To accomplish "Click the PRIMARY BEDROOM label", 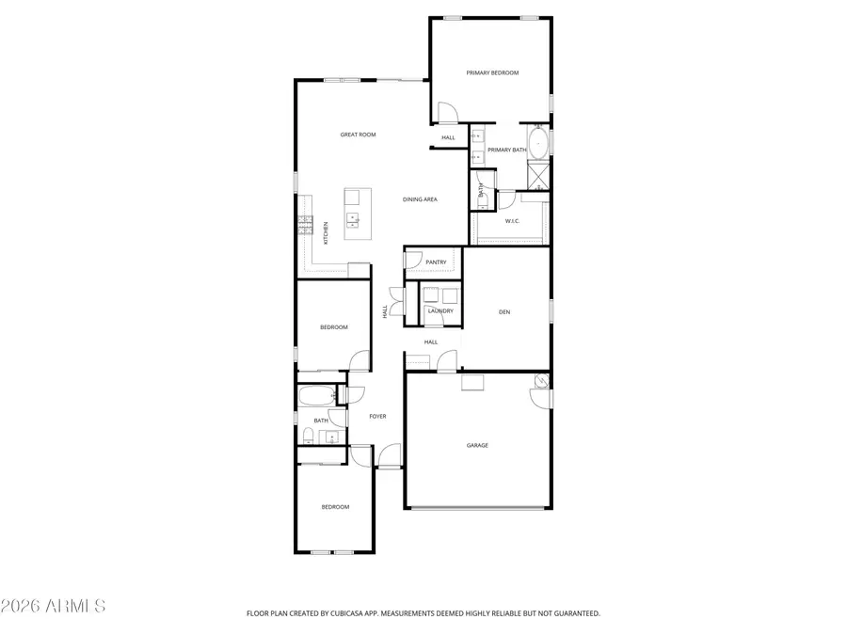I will tap(492, 72).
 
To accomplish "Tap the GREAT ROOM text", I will tap(358, 135).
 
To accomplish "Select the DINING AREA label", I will tap(420, 199).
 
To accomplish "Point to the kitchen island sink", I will tap(353, 220).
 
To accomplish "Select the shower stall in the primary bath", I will tap(538, 175).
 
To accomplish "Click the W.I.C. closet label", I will tap(512, 221).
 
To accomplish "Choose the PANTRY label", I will tap(436, 262).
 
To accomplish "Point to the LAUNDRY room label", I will tap(440, 311).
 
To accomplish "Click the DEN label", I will tap(504, 311).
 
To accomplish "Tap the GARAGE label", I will tap(477, 445).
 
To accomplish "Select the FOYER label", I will tap(377, 416).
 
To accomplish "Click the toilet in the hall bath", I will tap(308, 435).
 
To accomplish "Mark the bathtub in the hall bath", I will tap(314, 394).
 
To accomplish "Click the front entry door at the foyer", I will tap(389, 466).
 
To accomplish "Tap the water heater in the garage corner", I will tap(541, 382).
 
